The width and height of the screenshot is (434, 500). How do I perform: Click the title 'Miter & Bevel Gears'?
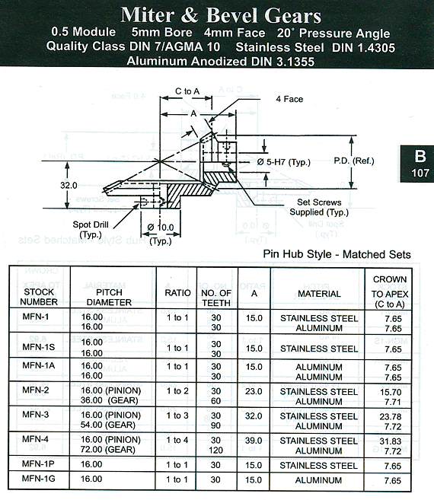tap(221, 15)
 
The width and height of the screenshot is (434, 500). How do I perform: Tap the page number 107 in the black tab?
tap(420, 173)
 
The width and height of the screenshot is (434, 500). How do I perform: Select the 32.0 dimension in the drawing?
tap(69, 185)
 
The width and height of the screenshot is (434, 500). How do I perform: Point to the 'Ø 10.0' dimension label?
tap(161, 228)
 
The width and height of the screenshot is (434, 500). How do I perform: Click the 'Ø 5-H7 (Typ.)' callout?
tap(284, 162)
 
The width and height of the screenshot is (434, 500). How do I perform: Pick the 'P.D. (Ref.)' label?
tap(354, 161)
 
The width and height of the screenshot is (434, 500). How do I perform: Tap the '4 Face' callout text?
tap(289, 99)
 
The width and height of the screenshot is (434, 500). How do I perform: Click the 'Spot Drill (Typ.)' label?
tap(91, 230)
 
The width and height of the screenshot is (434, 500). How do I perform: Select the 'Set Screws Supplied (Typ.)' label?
tap(319, 207)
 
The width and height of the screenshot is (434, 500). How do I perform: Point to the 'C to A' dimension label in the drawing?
tap(187, 91)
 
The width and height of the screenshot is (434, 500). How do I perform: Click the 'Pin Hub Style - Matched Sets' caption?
tap(337, 254)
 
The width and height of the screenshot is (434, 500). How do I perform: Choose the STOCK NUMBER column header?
tap(39, 297)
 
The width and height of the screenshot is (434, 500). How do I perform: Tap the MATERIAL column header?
tap(319, 294)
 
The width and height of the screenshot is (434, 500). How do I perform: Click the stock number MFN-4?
tap(36, 439)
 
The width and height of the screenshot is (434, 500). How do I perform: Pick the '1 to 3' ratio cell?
tap(177, 416)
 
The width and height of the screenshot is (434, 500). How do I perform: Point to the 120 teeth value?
tap(216, 450)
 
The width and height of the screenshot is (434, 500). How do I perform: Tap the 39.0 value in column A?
tap(254, 441)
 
